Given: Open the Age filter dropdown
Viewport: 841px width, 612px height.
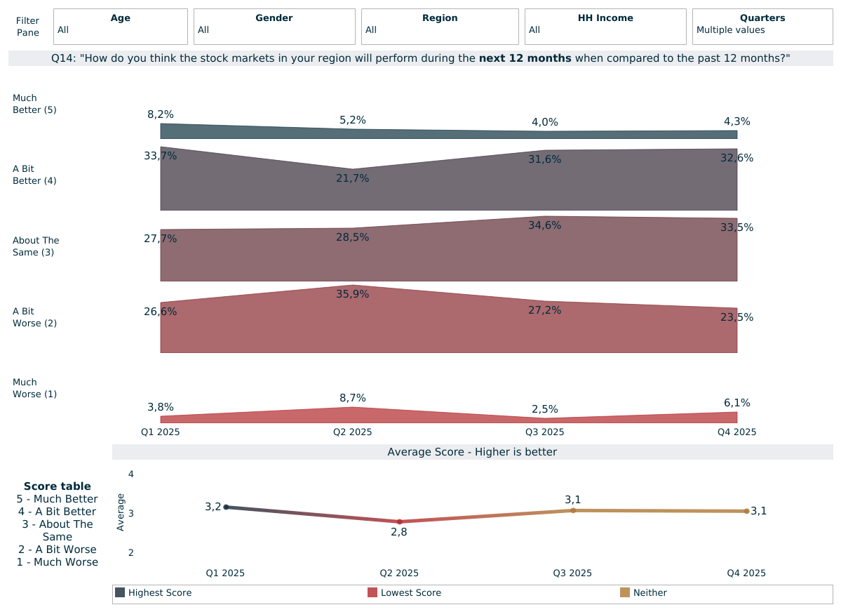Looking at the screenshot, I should click(x=120, y=27).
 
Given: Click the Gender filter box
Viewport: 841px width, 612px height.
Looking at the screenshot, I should click(x=274, y=27).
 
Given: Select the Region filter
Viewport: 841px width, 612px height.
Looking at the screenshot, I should click(x=439, y=27).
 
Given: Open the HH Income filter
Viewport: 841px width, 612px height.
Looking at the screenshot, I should click(x=605, y=27).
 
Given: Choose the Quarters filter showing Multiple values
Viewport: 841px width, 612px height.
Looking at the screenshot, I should click(x=762, y=27).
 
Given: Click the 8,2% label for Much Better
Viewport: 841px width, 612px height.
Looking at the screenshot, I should click(x=161, y=114).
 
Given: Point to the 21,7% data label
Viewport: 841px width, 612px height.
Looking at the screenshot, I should click(x=352, y=178).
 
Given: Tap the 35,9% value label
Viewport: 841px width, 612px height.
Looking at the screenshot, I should click(x=352, y=294).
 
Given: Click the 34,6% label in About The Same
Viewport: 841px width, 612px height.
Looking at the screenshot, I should click(x=544, y=225).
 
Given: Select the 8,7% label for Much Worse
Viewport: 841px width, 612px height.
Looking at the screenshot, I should click(x=352, y=398).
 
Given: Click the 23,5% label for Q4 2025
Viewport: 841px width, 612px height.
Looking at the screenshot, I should click(x=736, y=317).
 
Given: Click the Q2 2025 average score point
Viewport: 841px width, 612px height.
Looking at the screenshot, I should click(x=399, y=521).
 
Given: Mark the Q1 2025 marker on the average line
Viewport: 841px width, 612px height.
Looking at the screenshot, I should click(x=226, y=507).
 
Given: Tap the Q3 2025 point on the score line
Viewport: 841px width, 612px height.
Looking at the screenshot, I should click(x=573, y=510).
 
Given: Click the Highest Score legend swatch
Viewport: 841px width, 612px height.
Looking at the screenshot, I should click(x=120, y=592).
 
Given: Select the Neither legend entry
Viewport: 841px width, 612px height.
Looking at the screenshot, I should click(x=650, y=593).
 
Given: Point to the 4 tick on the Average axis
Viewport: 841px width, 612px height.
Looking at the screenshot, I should click(x=130, y=474).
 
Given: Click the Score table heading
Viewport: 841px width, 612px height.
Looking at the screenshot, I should click(x=57, y=486).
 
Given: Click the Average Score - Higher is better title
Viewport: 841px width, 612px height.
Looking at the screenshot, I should click(x=472, y=452).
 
